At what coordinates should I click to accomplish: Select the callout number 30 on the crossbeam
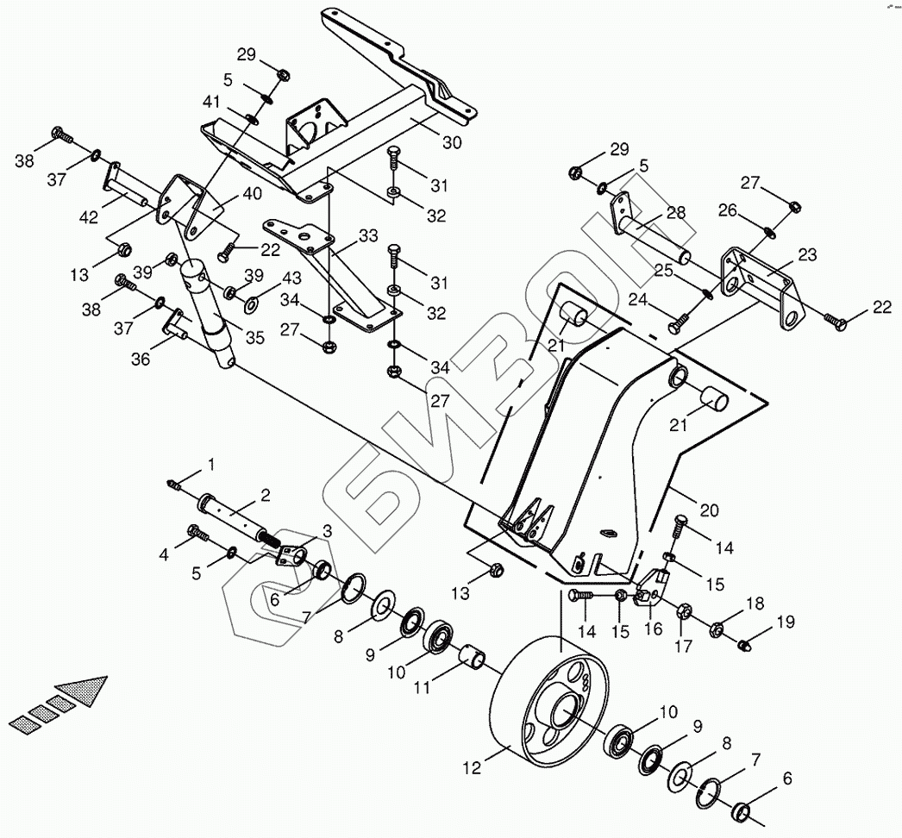452,142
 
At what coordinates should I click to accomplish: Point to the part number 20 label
708,510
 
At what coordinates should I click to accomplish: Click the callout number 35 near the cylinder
254,338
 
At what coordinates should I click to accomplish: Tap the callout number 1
210,466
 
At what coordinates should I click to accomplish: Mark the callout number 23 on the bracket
807,255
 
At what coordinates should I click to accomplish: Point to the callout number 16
653,629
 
